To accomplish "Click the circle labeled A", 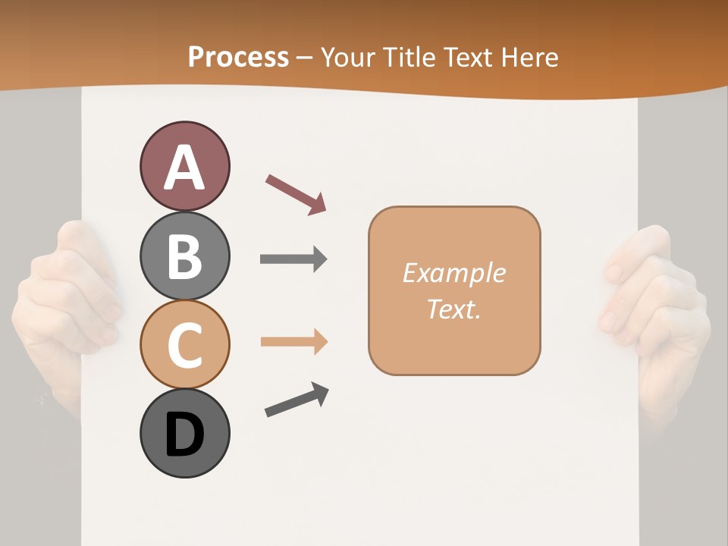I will pos(184,166).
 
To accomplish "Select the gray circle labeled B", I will pos(184,256).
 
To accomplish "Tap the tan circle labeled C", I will pos(184,344).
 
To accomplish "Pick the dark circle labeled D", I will pos(184,434).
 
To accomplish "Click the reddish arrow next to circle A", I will pos(296,193).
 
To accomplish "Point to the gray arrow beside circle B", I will pos(293,259).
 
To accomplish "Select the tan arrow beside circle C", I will pos(293,342).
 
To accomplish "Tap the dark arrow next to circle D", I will pos(297,400).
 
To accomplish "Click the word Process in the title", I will pos(238,57).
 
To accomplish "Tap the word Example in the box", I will pos(453,273).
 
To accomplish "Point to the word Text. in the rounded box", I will pos(453,309).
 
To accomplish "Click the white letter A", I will pos(184,168).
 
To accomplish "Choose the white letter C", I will pos(184,346).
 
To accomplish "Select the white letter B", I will pos(184,256).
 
